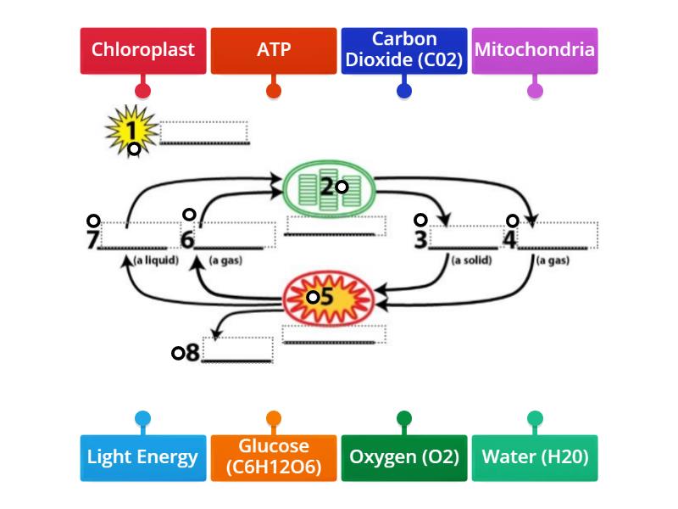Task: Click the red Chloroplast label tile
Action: click(143, 50)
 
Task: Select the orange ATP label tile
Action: click(274, 50)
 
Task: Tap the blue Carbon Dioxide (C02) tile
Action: click(404, 50)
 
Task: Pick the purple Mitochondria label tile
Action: click(535, 50)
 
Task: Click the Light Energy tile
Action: click(143, 457)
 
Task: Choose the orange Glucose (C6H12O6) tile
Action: click(274, 457)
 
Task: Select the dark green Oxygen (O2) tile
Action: click(404, 457)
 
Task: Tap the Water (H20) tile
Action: click(535, 457)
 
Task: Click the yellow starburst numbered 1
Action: click(131, 131)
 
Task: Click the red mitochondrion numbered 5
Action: click(325, 298)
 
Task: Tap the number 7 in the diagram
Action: click(93, 240)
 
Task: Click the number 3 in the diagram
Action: click(420, 240)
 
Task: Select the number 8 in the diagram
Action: click(192, 353)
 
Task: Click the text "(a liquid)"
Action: click(156, 260)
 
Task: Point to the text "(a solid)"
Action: click(471, 260)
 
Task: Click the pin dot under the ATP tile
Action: click(274, 90)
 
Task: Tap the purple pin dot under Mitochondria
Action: click(535, 90)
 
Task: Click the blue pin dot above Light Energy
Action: click(143, 418)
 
